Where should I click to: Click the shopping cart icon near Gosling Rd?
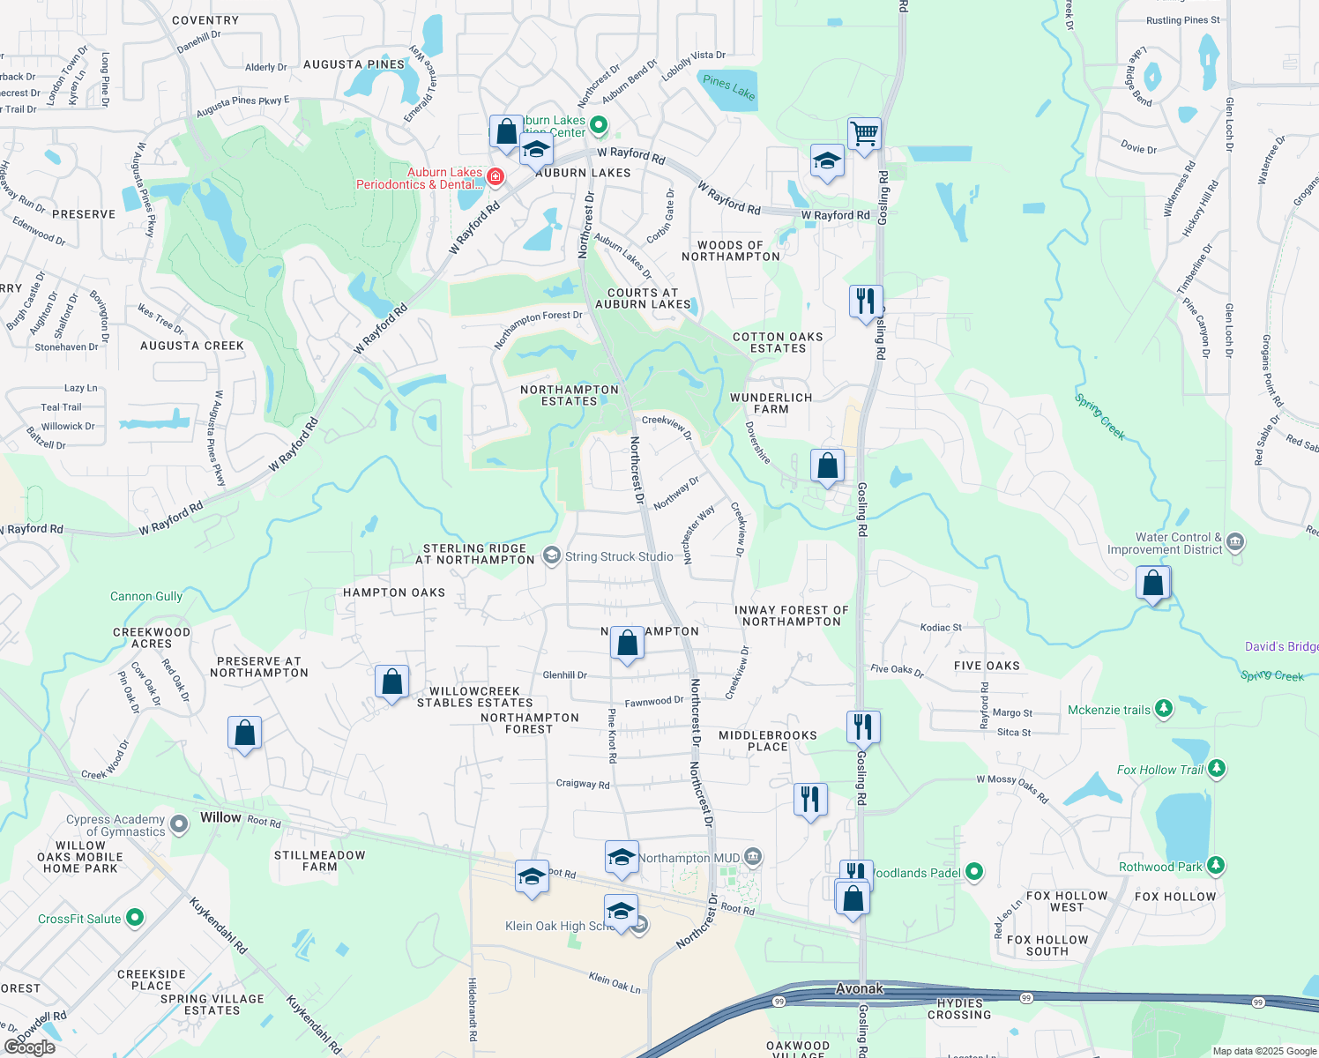click(x=864, y=134)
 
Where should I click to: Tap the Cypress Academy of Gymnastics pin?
click(x=179, y=824)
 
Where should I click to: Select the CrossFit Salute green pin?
click(x=135, y=918)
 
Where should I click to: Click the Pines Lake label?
click(x=729, y=87)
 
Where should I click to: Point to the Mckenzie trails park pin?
click(x=1164, y=709)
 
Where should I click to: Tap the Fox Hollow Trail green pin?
click(x=1217, y=769)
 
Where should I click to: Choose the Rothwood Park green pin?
click(x=1216, y=866)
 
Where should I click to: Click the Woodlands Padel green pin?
click(x=974, y=872)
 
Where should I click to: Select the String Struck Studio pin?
click(x=552, y=555)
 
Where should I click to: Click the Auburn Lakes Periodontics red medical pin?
click(x=496, y=177)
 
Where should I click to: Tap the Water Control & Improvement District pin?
click(x=1235, y=541)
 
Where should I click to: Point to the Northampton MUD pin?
click(x=752, y=857)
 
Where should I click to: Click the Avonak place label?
click(x=860, y=989)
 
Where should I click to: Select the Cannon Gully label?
click(x=146, y=596)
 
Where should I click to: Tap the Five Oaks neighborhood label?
click(x=987, y=666)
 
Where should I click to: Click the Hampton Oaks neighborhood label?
click(x=394, y=592)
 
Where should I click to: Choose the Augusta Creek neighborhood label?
click(x=192, y=346)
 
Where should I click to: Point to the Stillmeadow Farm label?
click(x=319, y=861)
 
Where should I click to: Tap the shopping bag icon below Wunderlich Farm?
click(x=827, y=466)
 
